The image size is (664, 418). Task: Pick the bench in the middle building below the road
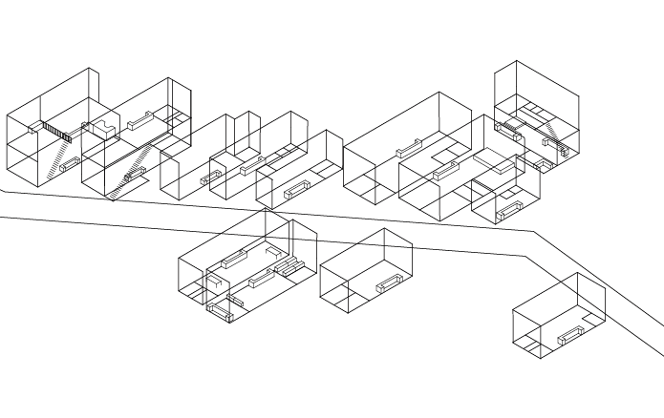[390, 283]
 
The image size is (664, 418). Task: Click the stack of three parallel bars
[289, 266]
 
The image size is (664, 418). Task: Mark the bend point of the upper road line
[533, 232]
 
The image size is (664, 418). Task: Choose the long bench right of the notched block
[141, 119]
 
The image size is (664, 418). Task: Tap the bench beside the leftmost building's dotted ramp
[70, 163]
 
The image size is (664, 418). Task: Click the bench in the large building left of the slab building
[410, 148]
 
